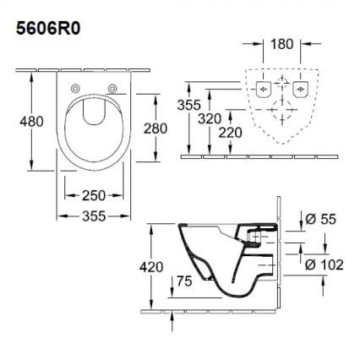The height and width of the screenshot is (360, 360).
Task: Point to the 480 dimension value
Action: [x=31, y=123]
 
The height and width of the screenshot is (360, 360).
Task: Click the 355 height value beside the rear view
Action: [x=189, y=105]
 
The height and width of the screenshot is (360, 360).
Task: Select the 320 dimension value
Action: [x=210, y=119]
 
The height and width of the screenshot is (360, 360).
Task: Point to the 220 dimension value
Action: [x=228, y=133]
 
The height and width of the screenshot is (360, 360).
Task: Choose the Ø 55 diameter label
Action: [x=320, y=220]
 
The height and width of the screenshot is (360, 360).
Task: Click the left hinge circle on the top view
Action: [x=74, y=89]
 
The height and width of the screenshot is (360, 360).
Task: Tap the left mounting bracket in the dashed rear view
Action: [x=262, y=88]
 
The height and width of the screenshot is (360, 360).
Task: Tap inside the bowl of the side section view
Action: [x=207, y=254]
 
